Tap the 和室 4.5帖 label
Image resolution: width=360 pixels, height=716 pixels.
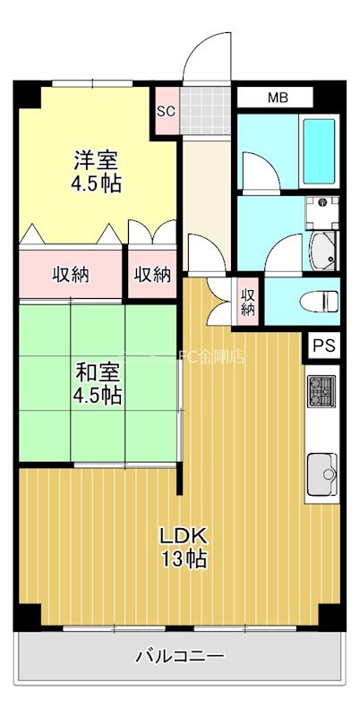pos(98,383)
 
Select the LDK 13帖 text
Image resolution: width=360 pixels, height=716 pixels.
pos(184,548)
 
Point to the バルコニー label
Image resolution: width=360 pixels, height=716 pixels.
pos(180,657)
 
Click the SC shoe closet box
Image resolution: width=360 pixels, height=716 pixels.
pos(166,112)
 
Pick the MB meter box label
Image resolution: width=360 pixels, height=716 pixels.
pos(276,98)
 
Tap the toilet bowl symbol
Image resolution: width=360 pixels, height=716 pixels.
pos(318,301)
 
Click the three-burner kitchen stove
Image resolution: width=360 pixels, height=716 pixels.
pos(321,391)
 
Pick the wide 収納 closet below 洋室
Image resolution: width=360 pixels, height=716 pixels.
pos(70,274)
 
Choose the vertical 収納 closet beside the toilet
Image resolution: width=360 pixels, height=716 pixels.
pos(248,301)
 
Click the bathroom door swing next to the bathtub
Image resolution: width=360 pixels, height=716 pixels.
pos(259,174)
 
